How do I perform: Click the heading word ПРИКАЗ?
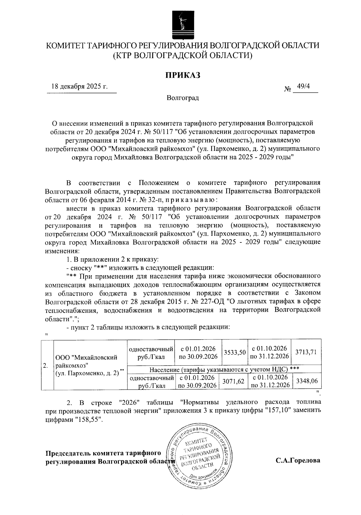182,76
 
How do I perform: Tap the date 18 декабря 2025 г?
80,87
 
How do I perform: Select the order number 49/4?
303,86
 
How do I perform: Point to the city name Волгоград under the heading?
183,98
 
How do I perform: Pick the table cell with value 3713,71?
306,352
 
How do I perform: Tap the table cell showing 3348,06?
307,381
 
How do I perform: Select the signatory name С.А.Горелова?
298,460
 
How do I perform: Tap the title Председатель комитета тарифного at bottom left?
102,453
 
